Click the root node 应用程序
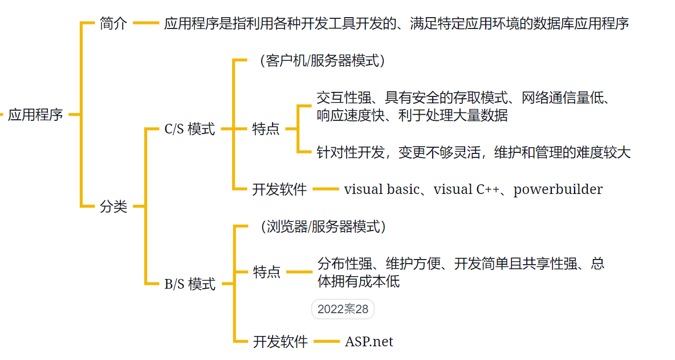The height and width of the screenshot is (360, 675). point(35,115)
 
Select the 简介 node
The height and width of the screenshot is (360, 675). point(113,24)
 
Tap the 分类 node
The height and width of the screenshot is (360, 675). point(113,206)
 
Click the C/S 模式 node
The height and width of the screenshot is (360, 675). point(190,130)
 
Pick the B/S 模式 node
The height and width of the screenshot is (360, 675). point(190,284)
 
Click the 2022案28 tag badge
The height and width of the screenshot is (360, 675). point(343,309)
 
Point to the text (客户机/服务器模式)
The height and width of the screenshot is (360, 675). point(319,60)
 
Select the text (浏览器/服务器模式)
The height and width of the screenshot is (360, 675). point(319,226)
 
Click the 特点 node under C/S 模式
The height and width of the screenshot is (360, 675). point(266,129)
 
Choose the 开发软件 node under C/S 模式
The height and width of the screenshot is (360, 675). point(279,189)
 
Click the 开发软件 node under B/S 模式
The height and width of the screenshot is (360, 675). point(280,342)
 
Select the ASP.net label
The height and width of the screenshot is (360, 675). point(369,342)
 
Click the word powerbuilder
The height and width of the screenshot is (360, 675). point(558,189)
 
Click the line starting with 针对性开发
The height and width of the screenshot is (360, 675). point(473,152)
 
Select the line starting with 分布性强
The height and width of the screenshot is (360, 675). point(461,264)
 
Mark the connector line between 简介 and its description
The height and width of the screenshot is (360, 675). point(146,24)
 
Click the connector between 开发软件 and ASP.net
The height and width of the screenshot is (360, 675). point(326,342)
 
